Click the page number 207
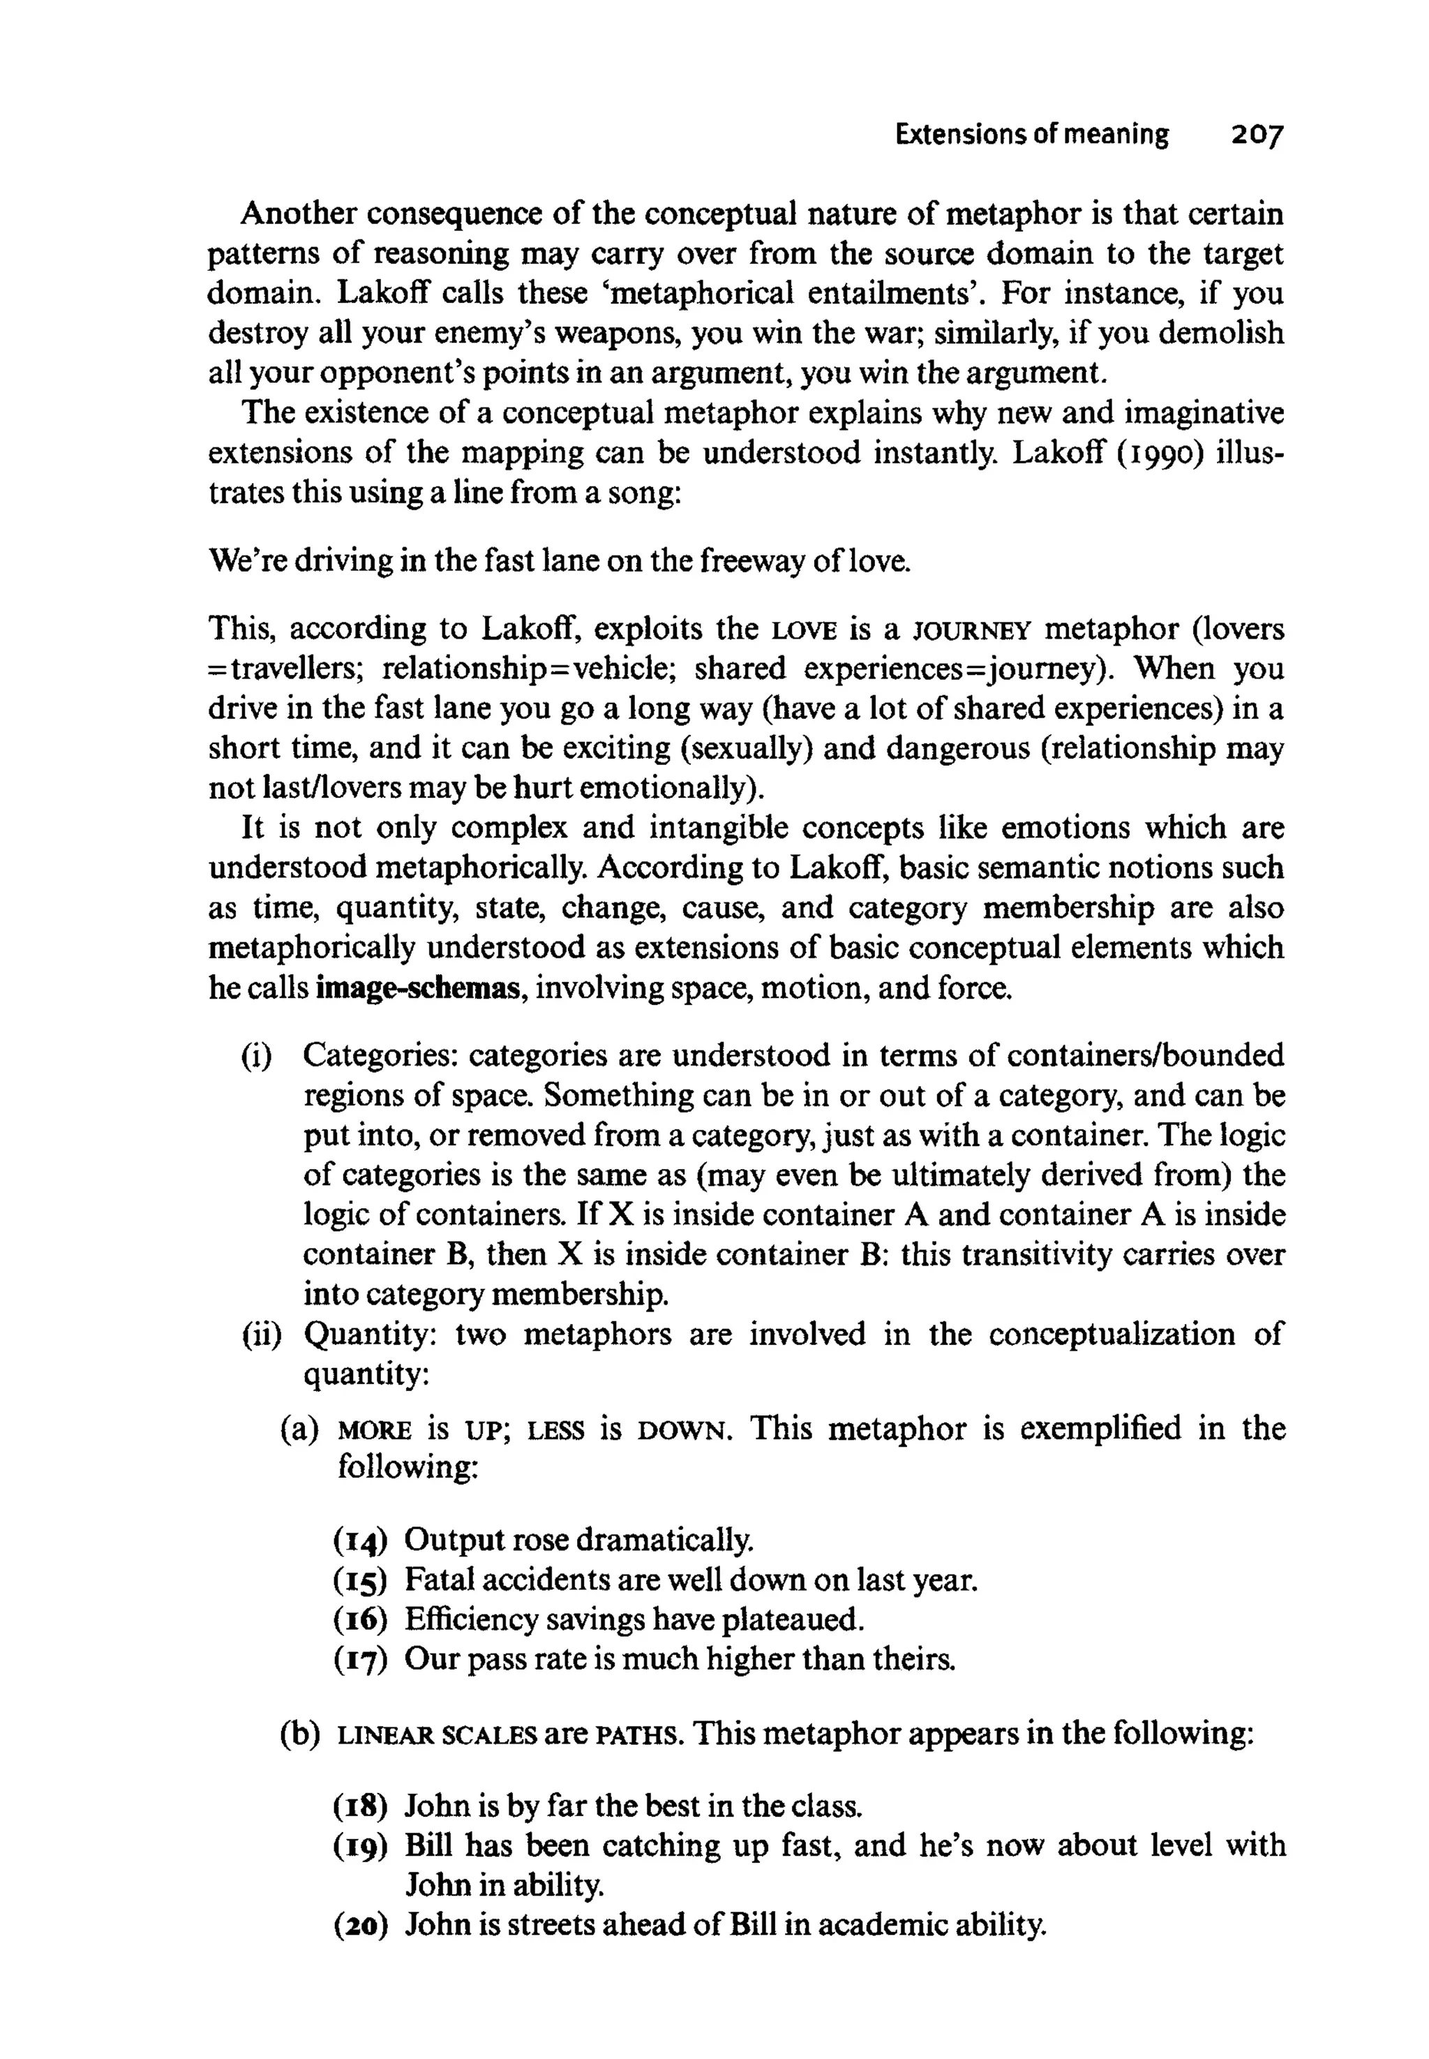pos(1257,135)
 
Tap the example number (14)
pos(361,1540)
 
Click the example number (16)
pos(361,1619)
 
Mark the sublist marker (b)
pos(300,1734)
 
